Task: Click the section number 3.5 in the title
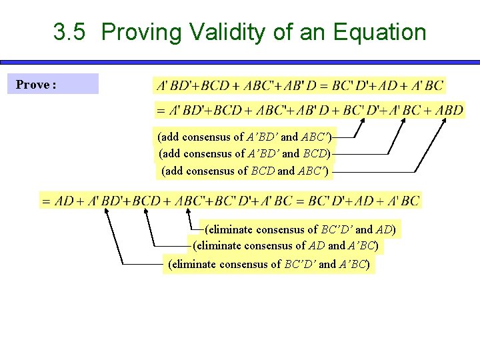(69, 32)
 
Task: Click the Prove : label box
(53, 85)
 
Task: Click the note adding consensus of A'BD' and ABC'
(244, 137)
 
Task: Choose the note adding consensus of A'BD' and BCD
(244, 153)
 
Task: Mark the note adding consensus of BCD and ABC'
(245, 171)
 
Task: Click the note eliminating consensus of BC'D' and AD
(300, 229)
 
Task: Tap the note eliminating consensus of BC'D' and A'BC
(269, 264)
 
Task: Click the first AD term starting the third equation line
(65, 201)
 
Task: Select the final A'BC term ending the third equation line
(402, 201)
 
